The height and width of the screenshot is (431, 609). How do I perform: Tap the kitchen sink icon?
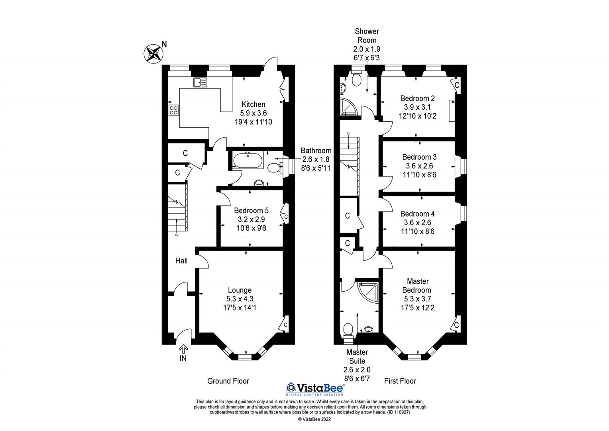pyautogui.click(x=200, y=82)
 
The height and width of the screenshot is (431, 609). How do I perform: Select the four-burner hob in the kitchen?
pyautogui.click(x=174, y=110)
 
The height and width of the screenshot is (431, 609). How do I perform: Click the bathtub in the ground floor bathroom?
pyautogui.click(x=248, y=161)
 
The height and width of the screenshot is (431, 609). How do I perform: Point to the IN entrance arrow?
pyautogui.click(x=183, y=350)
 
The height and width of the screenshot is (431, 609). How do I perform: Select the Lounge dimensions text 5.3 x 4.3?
pyautogui.click(x=240, y=299)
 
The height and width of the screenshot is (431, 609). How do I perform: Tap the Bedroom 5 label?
pyautogui.click(x=251, y=210)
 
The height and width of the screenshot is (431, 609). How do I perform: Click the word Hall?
pyautogui.click(x=181, y=261)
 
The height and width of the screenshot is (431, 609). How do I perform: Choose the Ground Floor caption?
pyautogui.click(x=228, y=381)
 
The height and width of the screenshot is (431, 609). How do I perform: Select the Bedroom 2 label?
pyautogui.click(x=417, y=98)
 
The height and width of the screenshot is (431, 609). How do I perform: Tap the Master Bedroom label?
pyautogui.click(x=418, y=286)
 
